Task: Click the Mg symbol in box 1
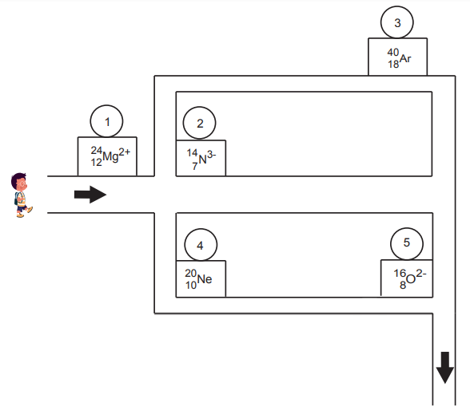[110, 156]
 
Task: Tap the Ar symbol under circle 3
[405, 58]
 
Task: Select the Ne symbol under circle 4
[205, 279]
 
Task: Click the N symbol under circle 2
[203, 160]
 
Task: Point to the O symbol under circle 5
[411, 279]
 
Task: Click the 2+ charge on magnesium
[125, 152]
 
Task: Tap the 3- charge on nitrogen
[211, 155]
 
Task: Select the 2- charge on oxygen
[421, 273]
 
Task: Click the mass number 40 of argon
[393, 53]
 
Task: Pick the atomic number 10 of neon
[191, 285]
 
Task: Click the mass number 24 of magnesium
[97, 150]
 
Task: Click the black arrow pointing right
[90, 195]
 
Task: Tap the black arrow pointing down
[444, 368]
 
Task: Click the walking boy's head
[19, 181]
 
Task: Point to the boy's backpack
[17, 199]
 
